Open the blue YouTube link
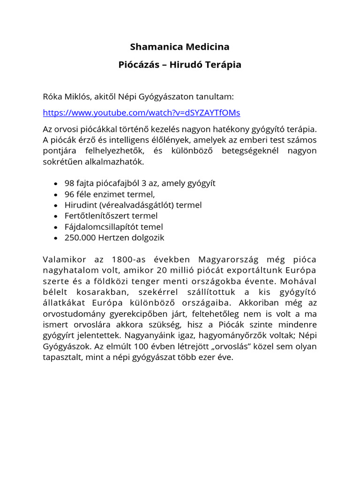click(142, 113)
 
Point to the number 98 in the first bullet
click(70, 183)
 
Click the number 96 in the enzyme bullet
click(70, 194)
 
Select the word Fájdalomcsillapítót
click(97, 226)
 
